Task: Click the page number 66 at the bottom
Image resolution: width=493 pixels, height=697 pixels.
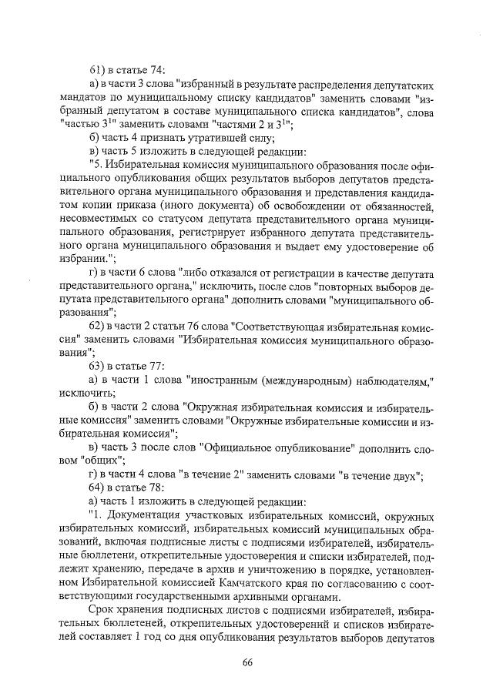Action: coord(247,663)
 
